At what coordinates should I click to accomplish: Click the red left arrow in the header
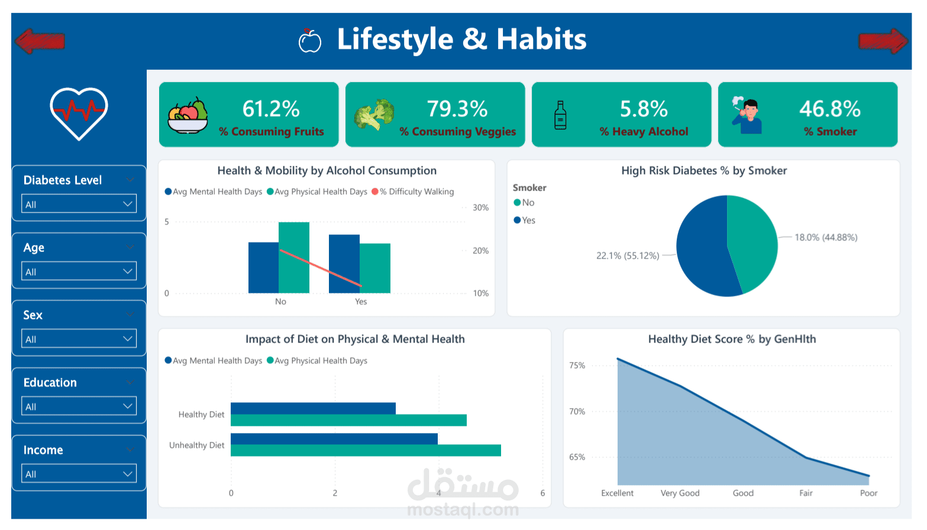(x=39, y=41)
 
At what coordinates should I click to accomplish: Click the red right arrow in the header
(x=883, y=41)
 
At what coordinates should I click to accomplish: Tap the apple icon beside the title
(x=309, y=41)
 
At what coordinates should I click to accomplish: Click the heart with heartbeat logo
(x=79, y=113)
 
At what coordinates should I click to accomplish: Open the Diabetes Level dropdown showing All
(x=79, y=204)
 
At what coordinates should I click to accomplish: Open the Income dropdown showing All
(x=79, y=474)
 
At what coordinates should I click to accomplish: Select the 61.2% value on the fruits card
(x=271, y=109)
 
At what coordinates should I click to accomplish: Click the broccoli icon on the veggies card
(x=374, y=114)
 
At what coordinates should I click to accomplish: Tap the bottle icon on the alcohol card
(x=560, y=115)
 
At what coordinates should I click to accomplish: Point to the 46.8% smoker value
(x=829, y=109)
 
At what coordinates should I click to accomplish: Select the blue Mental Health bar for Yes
(x=344, y=264)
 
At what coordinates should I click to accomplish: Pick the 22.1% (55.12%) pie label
(x=627, y=256)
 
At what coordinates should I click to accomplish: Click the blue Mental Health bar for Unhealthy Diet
(x=334, y=439)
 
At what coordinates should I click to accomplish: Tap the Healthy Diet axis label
(x=201, y=415)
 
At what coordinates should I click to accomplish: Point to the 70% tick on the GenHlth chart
(x=577, y=412)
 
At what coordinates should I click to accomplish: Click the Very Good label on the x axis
(x=680, y=493)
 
